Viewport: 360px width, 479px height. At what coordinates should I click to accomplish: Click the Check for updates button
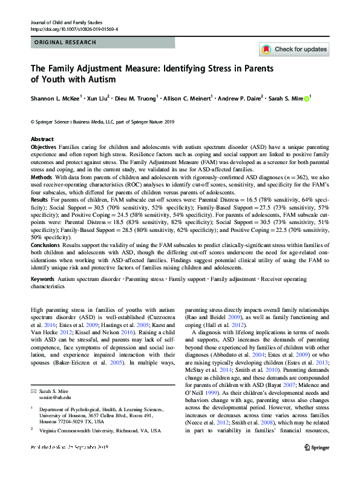click(x=294, y=49)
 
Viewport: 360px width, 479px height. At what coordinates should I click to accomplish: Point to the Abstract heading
click(x=42, y=139)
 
